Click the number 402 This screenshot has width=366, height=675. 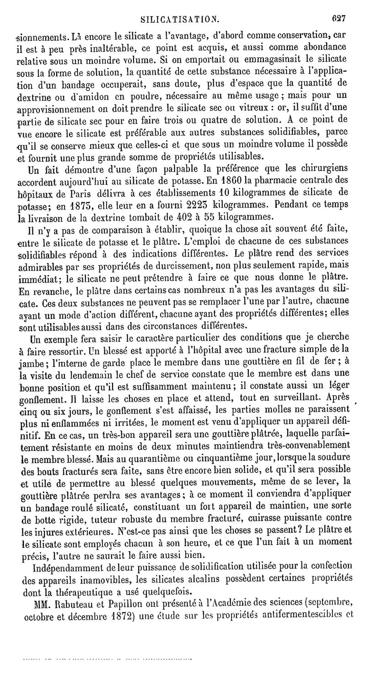(195, 214)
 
